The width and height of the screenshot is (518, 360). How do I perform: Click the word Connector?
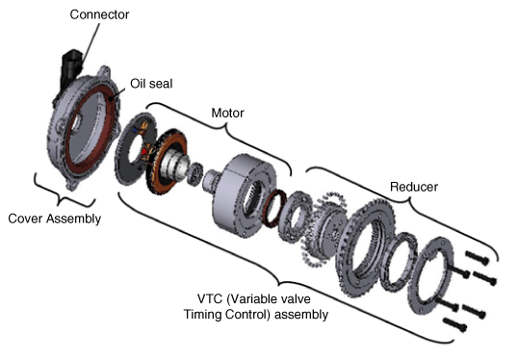tap(99, 14)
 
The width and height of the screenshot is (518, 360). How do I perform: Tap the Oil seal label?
tap(151, 84)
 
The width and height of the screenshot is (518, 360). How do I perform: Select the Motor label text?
tap(227, 113)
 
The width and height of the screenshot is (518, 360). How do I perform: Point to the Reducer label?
tap(414, 187)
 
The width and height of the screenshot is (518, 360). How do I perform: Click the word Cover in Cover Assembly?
tap(25, 219)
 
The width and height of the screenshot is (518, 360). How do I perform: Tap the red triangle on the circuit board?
tap(144, 151)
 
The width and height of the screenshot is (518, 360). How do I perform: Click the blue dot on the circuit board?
tap(135, 131)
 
